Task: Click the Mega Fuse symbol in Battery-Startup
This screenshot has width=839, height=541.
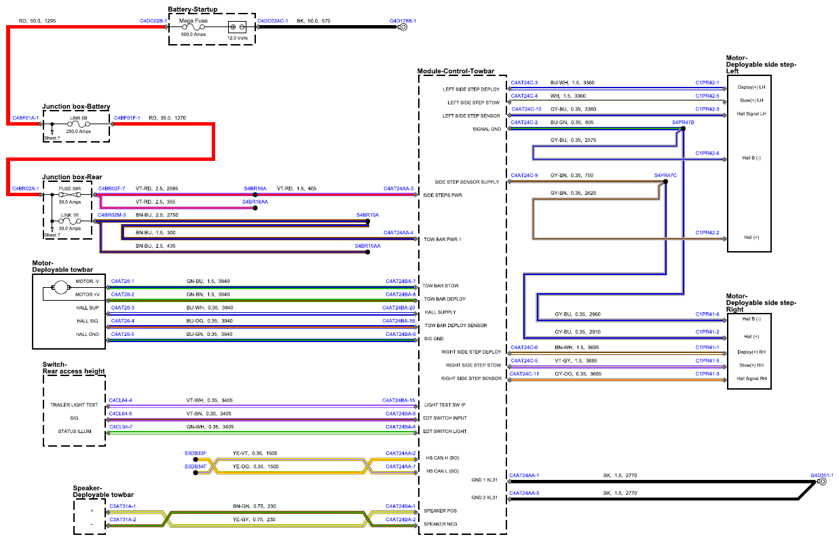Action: click(193, 27)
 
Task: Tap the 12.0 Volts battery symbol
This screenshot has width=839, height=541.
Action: click(237, 27)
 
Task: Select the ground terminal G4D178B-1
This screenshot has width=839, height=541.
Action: click(403, 27)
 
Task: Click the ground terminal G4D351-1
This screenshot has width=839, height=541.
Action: click(822, 481)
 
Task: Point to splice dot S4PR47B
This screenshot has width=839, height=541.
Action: click(683, 128)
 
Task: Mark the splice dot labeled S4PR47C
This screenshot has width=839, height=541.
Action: click(665, 182)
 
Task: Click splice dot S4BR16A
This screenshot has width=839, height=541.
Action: click(255, 195)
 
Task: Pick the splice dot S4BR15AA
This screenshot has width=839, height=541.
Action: click(368, 252)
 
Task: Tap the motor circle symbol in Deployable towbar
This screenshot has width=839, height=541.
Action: click(60, 288)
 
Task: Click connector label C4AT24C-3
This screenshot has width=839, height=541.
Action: click(524, 83)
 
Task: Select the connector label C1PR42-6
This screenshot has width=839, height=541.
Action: click(707, 153)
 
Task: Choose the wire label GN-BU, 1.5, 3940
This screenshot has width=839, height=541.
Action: click(208, 282)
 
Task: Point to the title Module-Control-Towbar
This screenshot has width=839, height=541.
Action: click(455, 71)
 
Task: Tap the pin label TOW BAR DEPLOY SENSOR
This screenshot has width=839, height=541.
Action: click(455, 326)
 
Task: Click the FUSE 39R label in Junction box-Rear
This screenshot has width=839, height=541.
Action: click(70, 189)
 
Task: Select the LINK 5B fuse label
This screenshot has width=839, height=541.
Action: click(79, 118)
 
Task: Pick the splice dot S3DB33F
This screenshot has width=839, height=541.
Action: click(195, 460)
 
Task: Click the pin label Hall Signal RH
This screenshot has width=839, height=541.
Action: click(751, 379)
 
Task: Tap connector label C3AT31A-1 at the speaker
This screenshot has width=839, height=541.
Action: click(122, 506)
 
